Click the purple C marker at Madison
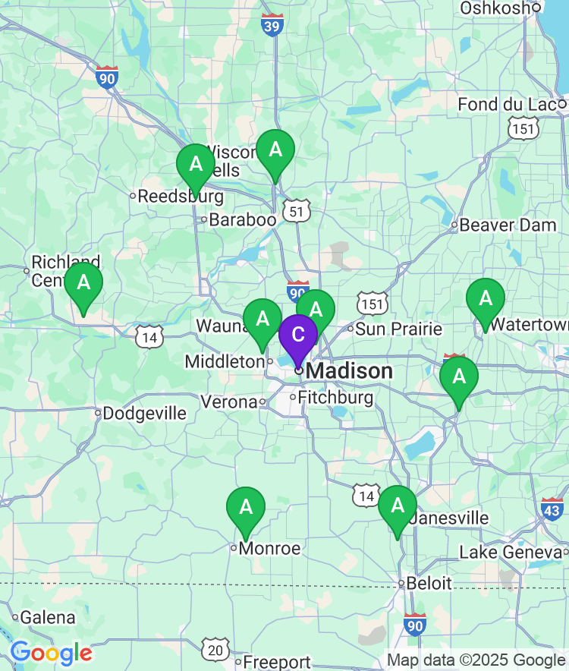[x=298, y=335]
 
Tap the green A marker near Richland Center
[x=83, y=284]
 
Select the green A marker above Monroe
[x=246, y=508]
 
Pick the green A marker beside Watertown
[x=485, y=300]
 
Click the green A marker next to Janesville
[x=398, y=506]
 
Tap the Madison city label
[x=351, y=371]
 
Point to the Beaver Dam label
[x=508, y=225]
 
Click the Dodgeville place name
[x=144, y=414]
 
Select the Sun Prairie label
[x=398, y=329]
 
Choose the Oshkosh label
[x=495, y=8]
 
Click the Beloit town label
[x=429, y=583]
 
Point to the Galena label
[x=47, y=618]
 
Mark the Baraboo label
[x=242, y=220]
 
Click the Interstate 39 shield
[x=271, y=25]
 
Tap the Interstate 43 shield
[x=552, y=508]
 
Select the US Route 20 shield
[x=215, y=650]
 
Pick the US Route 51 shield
[x=296, y=212]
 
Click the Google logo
[x=50, y=653]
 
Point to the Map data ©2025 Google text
[x=476, y=660]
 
